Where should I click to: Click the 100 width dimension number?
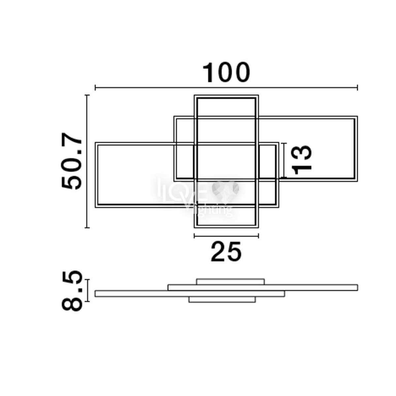226,72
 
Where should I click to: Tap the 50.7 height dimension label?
72,161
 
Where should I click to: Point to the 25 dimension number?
226,251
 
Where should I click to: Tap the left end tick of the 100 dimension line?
95,87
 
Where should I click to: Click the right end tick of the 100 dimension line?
358,87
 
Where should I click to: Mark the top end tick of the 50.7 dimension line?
87,95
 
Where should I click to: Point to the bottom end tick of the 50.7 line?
87,228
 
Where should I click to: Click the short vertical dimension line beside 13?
284,160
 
